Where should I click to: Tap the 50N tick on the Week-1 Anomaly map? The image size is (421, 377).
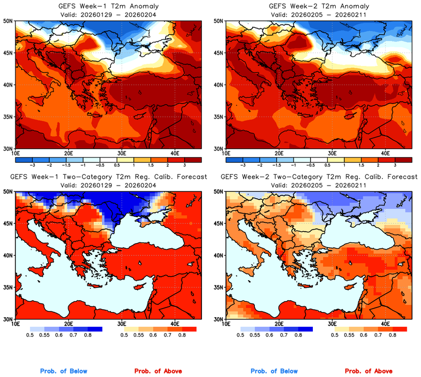[9, 21]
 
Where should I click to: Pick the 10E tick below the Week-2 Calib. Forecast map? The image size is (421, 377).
[226, 325]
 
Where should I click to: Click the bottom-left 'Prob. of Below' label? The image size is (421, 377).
[63, 371]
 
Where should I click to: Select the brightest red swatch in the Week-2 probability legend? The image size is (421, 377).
[399, 329]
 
